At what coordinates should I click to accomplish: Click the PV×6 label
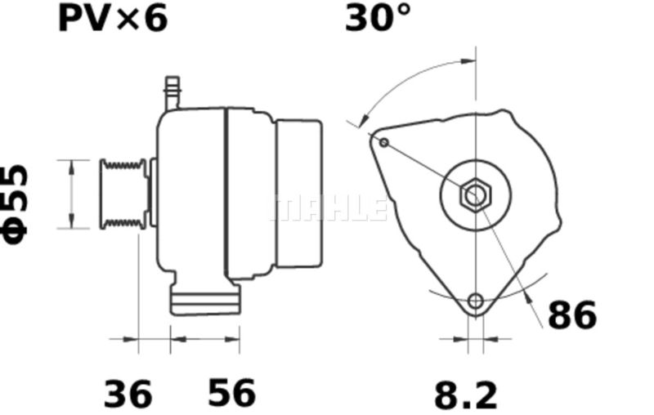[113, 19]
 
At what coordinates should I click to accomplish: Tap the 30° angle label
[378, 18]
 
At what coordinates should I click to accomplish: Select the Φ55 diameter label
[16, 204]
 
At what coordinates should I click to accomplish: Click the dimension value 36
[128, 394]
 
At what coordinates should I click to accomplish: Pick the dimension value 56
[231, 392]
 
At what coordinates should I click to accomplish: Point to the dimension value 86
[572, 315]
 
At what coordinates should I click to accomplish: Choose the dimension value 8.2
[466, 395]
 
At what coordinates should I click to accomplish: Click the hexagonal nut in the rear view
[476, 194]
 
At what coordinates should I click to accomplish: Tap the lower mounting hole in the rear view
[476, 301]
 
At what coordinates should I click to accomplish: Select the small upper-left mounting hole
[384, 143]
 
